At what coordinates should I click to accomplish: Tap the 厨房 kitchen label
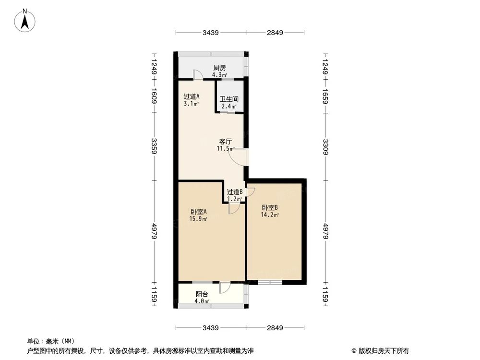tap(219, 68)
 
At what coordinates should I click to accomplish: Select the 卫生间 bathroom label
tap(229, 100)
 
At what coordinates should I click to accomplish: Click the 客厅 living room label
tap(226, 142)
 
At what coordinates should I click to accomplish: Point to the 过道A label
tap(191, 96)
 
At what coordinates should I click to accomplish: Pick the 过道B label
tap(235, 192)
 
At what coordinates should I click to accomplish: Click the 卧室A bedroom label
tap(198, 212)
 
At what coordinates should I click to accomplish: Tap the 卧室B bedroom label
tap(270, 208)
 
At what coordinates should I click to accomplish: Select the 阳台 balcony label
tap(202, 294)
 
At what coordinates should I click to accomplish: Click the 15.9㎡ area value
tap(198, 219)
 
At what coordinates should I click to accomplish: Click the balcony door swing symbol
tap(225, 288)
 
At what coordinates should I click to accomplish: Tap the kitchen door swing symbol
tap(197, 74)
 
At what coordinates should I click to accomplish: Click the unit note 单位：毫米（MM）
tap(48, 341)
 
